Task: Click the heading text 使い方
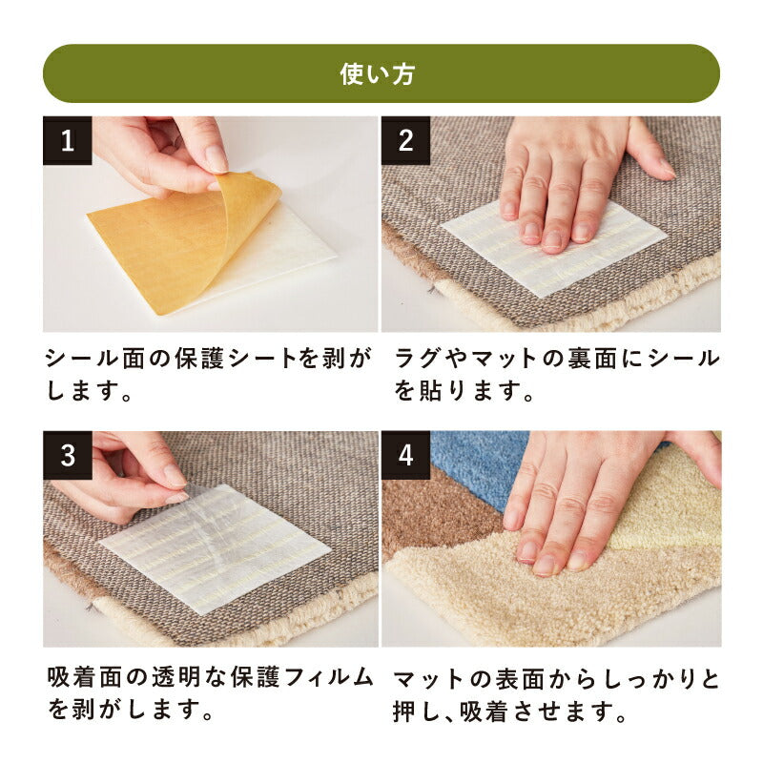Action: tap(381, 74)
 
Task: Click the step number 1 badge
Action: tap(68, 140)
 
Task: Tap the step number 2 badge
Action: tap(405, 140)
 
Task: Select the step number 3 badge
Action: tap(68, 455)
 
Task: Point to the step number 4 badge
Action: tap(405, 455)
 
